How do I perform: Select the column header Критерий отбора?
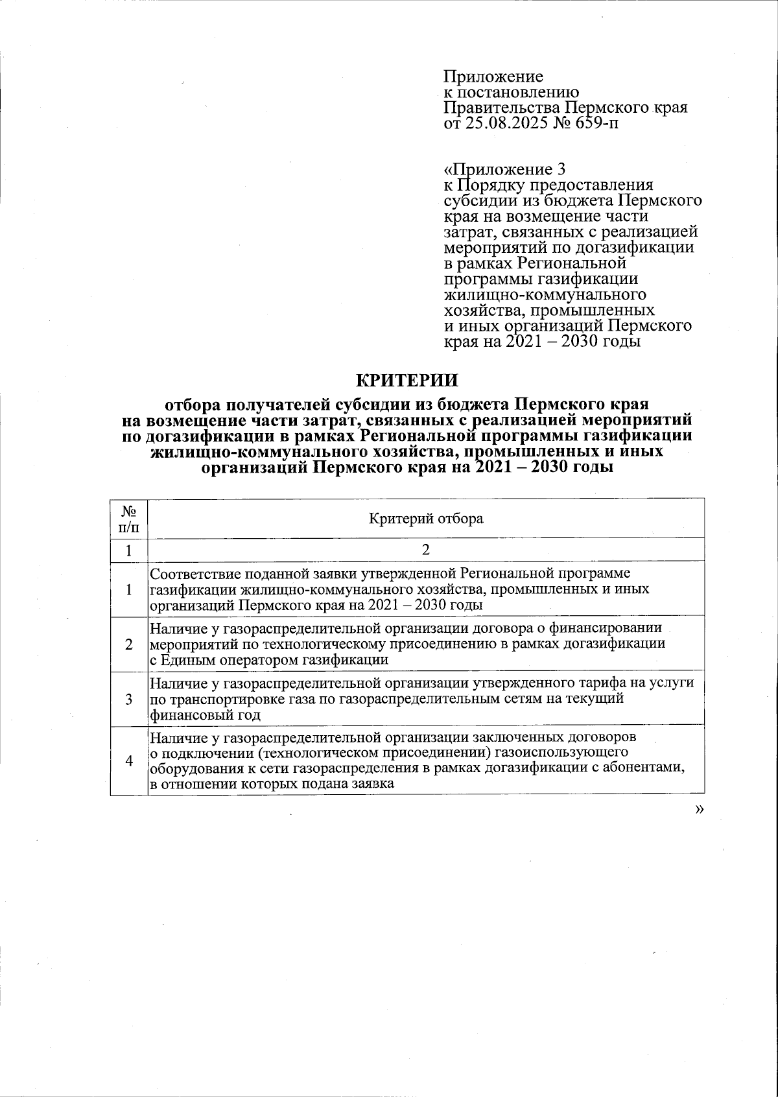426,519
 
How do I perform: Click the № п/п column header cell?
128,519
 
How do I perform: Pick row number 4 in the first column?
129,761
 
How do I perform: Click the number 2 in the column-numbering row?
426,550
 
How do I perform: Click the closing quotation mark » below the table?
698,808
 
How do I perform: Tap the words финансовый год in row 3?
205,715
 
